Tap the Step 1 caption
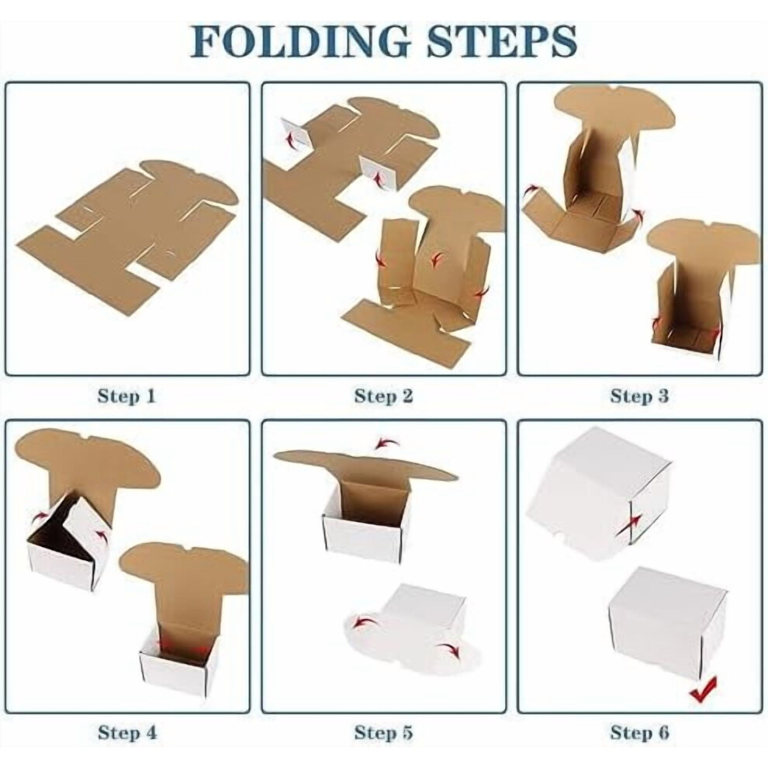coord(126,396)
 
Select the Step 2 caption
coord(383,396)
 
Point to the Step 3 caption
coord(639,396)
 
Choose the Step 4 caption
coord(127,733)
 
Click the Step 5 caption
coord(383,733)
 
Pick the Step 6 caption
coord(639,733)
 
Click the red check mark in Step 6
coord(704,689)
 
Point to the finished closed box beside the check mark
coord(667,622)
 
